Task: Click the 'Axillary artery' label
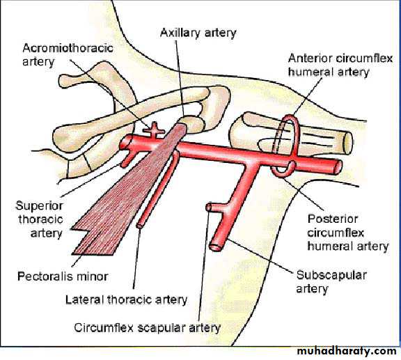(x=198, y=33)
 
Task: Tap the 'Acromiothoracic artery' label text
(x=68, y=55)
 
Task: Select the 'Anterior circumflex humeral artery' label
(x=340, y=65)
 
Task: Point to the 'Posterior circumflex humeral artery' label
(x=348, y=233)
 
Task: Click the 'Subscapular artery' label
(x=331, y=282)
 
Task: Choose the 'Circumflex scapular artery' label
(x=147, y=328)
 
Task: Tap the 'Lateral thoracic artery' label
(x=126, y=299)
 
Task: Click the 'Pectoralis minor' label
(x=63, y=276)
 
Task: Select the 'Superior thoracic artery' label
(x=40, y=219)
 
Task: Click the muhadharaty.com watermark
(x=347, y=351)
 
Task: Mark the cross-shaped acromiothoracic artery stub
(x=154, y=130)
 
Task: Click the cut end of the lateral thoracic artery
(x=140, y=226)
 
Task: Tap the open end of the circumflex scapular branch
(x=209, y=208)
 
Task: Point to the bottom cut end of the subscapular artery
(x=216, y=247)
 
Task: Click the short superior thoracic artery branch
(x=127, y=159)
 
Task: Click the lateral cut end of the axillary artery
(x=338, y=167)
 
